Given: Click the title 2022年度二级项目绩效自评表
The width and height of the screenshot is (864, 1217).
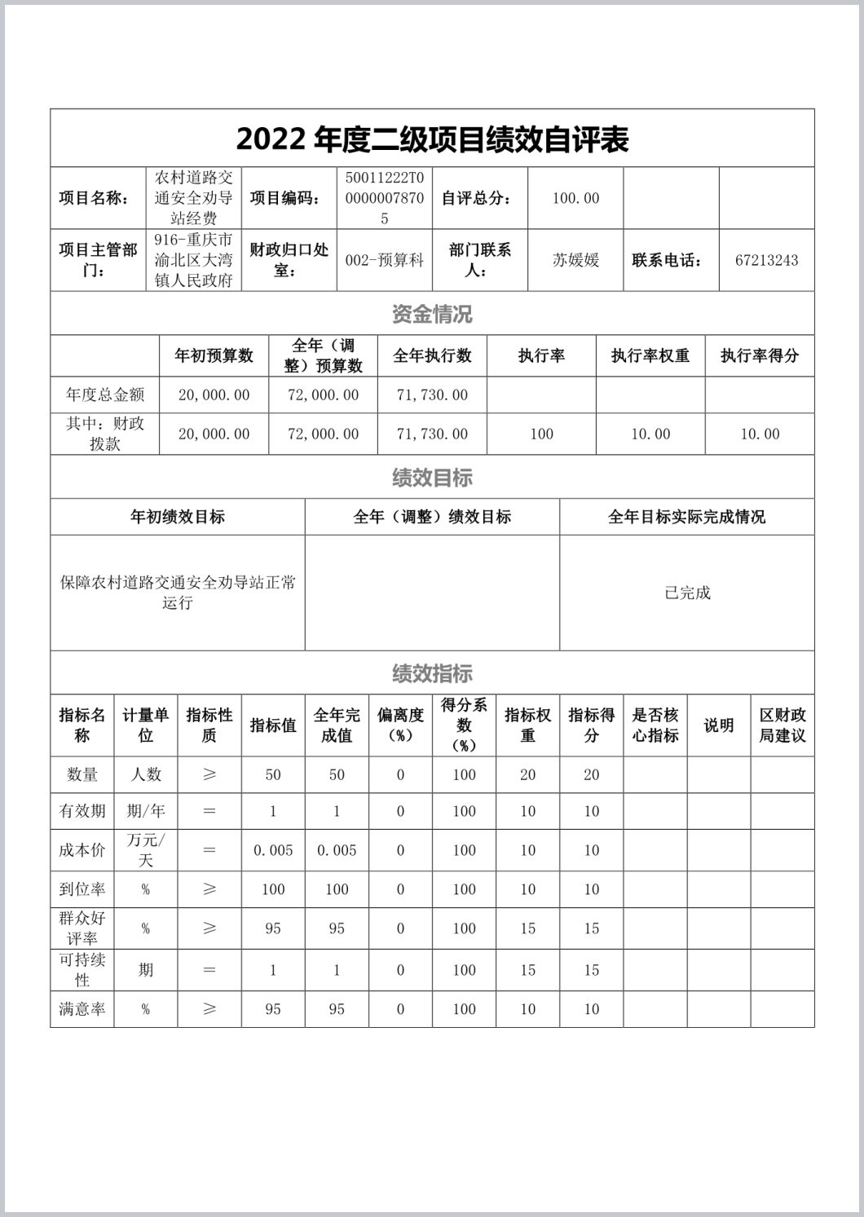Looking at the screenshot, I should tap(432, 139).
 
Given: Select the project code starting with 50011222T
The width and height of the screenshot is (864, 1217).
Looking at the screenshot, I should tap(384, 198).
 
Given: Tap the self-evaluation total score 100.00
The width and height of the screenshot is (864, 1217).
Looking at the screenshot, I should tap(575, 198).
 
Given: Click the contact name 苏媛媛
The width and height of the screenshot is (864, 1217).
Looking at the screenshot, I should tap(575, 260).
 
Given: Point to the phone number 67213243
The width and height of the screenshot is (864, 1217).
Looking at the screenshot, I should tap(766, 260).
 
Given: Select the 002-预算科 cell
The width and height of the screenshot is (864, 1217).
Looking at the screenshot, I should tap(384, 260).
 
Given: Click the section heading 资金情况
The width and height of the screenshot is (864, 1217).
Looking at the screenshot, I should tap(432, 314).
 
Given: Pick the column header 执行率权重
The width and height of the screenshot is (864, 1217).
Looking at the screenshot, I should tap(650, 355).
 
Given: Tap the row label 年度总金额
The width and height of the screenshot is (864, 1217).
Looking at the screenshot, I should tap(105, 395).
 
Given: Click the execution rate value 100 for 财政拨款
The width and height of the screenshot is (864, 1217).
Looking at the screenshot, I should tap(541, 434).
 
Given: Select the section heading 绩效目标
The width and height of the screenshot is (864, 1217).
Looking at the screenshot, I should tap(432, 478).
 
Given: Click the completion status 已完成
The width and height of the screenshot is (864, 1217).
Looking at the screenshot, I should tap(686, 593).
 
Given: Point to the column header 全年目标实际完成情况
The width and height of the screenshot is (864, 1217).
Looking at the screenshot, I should tap(686, 517).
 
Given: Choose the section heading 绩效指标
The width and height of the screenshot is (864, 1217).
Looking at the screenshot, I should tap(432, 673).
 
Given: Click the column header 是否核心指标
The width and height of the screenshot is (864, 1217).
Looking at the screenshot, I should tap(655, 725).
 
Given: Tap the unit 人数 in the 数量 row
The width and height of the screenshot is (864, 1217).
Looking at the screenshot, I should tap(146, 774).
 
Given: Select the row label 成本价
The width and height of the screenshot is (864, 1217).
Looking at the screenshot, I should tap(82, 850).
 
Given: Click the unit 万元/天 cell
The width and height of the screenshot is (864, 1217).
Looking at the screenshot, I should tap(146, 850).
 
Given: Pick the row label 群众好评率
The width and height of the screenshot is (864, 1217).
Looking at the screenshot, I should tap(82, 928).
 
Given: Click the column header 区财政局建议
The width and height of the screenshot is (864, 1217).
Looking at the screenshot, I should tap(782, 725).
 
